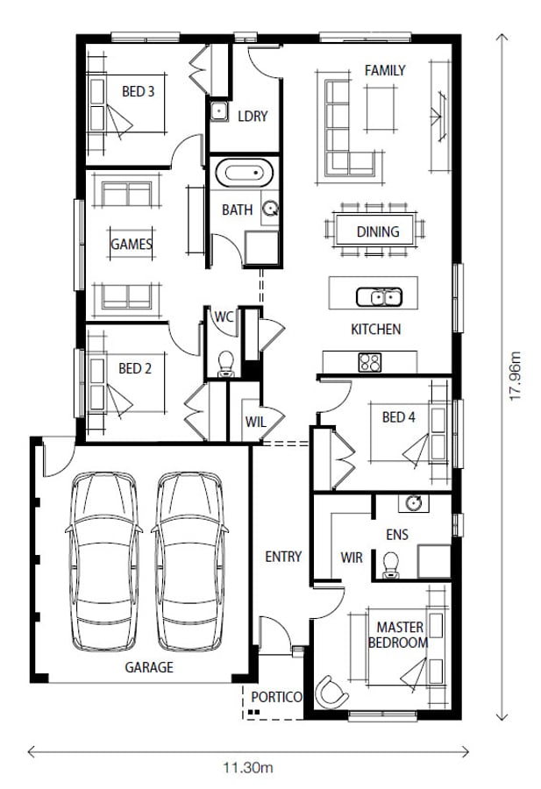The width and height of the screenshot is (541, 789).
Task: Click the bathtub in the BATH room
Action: [x=244, y=174]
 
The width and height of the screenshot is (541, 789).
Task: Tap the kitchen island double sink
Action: [x=379, y=297]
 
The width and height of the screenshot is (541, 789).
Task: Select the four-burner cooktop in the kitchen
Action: [x=370, y=362]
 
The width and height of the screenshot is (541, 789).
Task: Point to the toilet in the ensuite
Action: [x=390, y=565]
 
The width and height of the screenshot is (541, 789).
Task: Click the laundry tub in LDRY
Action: [x=219, y=110]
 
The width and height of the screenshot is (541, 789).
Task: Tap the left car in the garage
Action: [x=103, y=562]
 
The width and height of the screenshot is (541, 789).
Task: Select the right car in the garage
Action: [x=189, y=562]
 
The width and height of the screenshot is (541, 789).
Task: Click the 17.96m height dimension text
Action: [x=516, y=376]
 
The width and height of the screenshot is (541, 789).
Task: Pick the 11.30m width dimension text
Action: [x=248, y=768]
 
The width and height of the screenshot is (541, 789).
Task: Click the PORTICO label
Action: [x=276, y=697]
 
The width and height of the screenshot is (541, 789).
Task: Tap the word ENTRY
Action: [x=283, y=557]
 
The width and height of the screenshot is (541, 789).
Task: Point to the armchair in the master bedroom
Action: [x=331, y=692]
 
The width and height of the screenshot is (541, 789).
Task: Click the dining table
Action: [x=375, y=231]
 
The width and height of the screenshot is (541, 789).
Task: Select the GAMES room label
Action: [x=132, y=244]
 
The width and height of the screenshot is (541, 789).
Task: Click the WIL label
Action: [x=256, y=422]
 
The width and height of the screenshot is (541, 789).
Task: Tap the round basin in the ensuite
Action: [x=414, y=502]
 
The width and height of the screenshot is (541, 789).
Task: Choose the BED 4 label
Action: [x=399, y=417]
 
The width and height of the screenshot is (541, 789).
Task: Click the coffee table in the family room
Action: [x=381, y=110]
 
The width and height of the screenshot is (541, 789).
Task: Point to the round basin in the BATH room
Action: [x=271, y=209]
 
